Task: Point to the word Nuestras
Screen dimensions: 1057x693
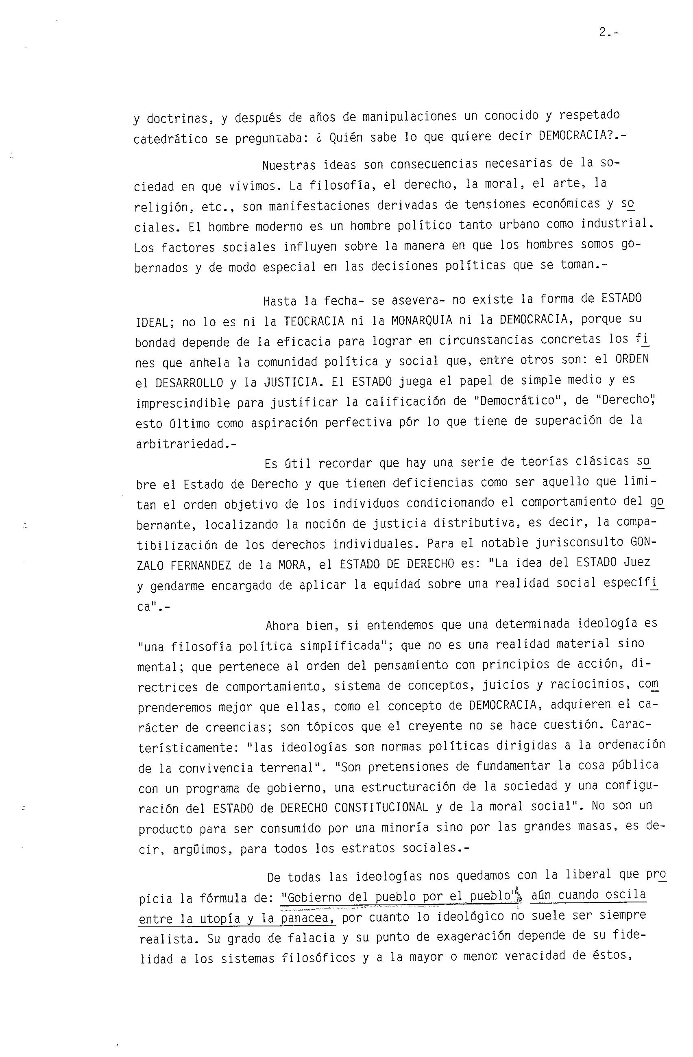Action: (x=289, y=165)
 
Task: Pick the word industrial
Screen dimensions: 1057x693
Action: (x=617, y=224)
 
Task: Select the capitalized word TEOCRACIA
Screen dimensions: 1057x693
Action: (x=314, y=321)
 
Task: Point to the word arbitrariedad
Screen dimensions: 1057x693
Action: (x=184, y=444)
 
